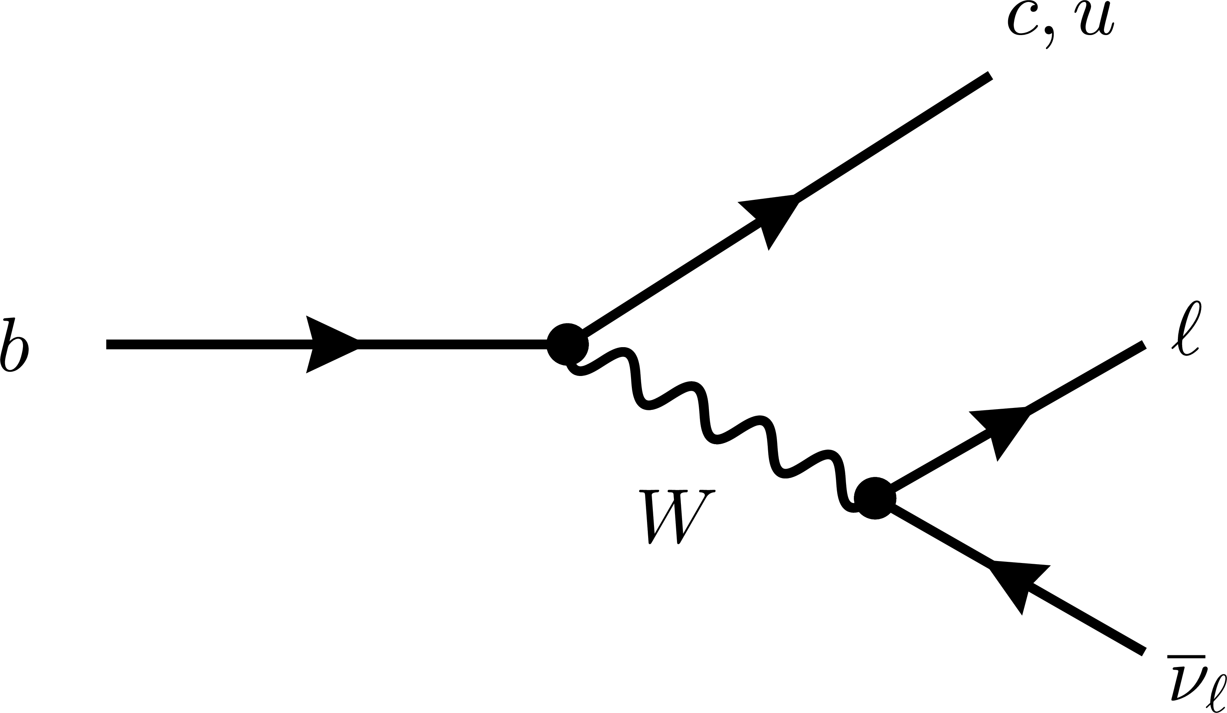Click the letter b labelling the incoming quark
pyautogui.click(x=15, y=344)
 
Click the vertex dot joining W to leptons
pyautogui.click(x=875, y=498)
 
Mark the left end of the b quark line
pyautogui.click(x=108, y=344)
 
